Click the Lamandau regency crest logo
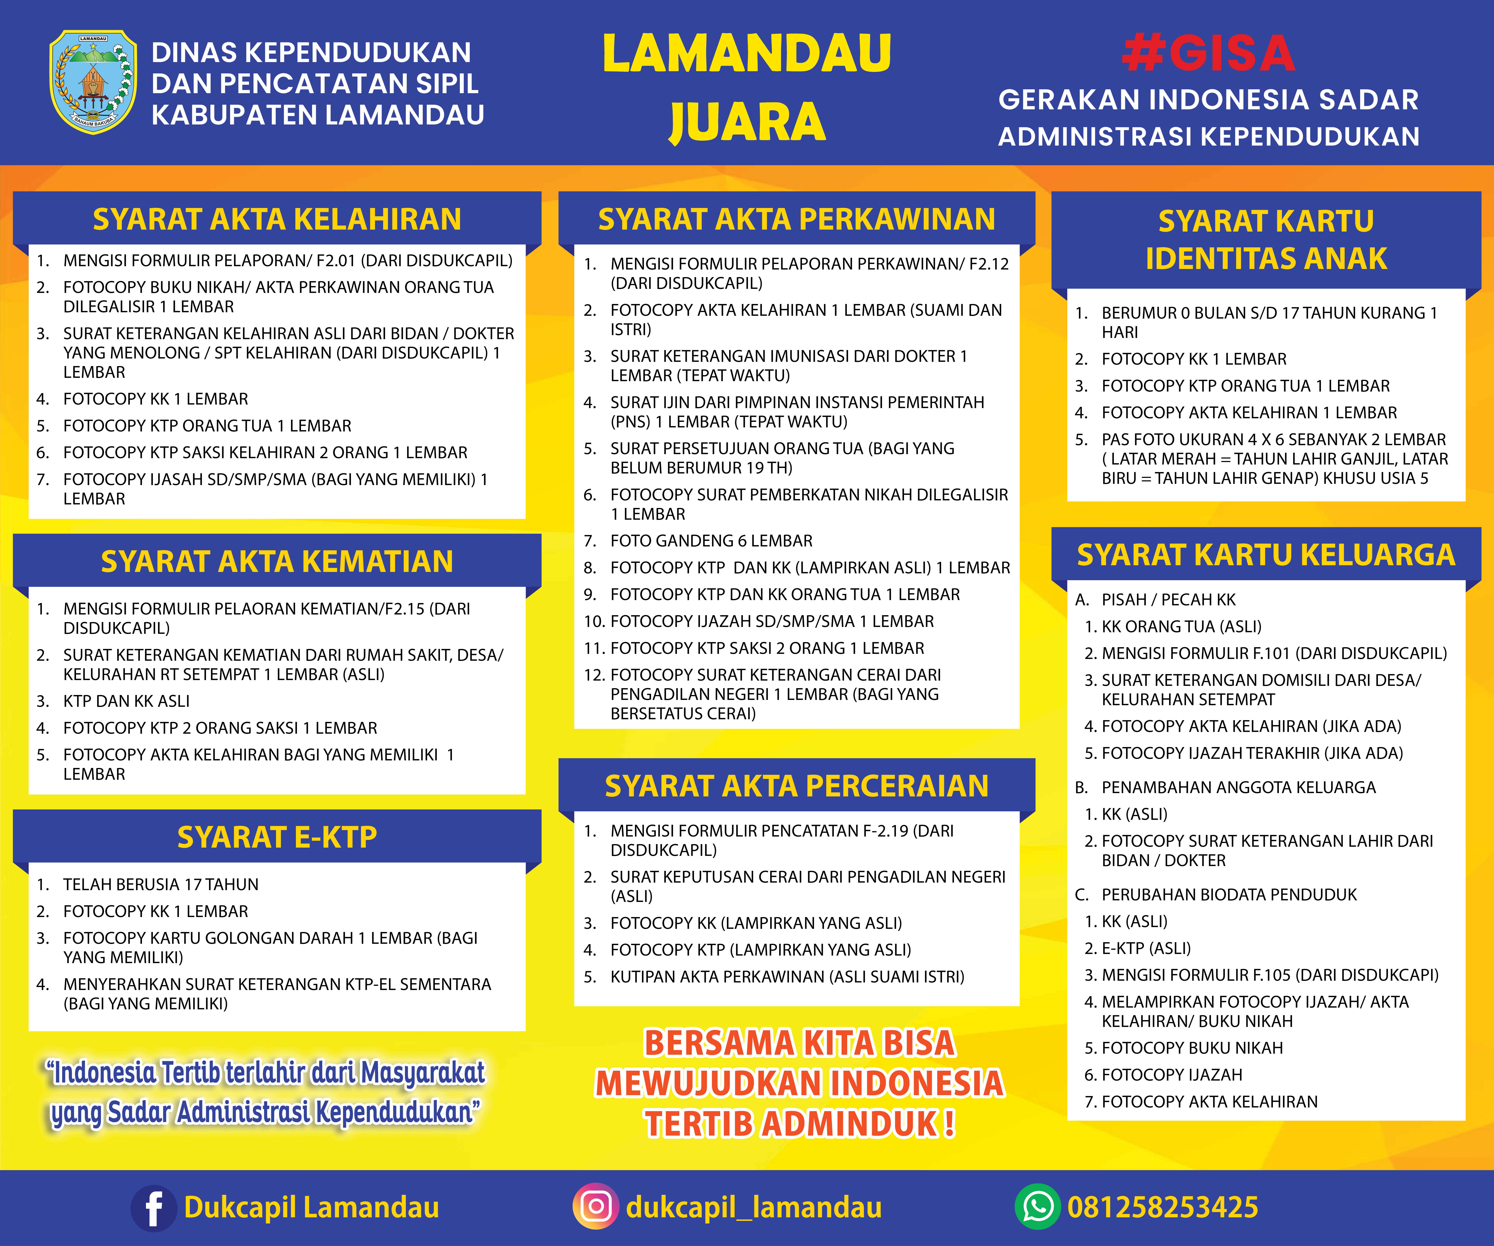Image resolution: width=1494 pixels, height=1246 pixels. (x=93, y=82)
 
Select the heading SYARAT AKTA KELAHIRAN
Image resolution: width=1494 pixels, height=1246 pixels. (x=277, y=219)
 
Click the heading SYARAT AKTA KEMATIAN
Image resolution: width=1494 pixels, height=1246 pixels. (x=277, y=561)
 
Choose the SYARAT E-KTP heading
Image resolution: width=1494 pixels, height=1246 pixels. (x=277, y=837)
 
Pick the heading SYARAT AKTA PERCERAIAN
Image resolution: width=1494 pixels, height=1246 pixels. (x=796, y=786)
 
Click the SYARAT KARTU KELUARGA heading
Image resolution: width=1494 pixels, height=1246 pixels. (x=1266, y=555)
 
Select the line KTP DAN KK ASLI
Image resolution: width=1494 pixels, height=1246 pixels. (x=126, y=701)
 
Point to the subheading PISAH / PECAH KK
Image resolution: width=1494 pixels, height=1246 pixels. (x=1168, y=600)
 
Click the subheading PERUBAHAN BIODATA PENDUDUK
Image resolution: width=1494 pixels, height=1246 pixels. (x=1229, y=895)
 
